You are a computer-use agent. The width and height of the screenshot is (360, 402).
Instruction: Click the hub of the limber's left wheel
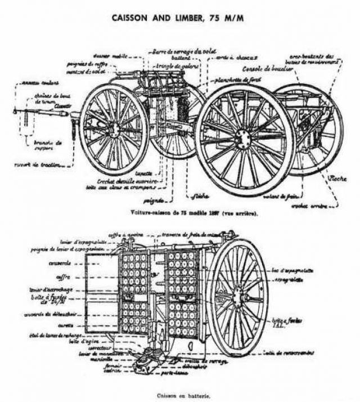pos(114,129)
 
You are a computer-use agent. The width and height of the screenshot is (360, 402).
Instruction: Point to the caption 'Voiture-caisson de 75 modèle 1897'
pos(169,214)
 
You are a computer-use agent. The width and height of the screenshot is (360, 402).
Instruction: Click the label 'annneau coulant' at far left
pos(37,83)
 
